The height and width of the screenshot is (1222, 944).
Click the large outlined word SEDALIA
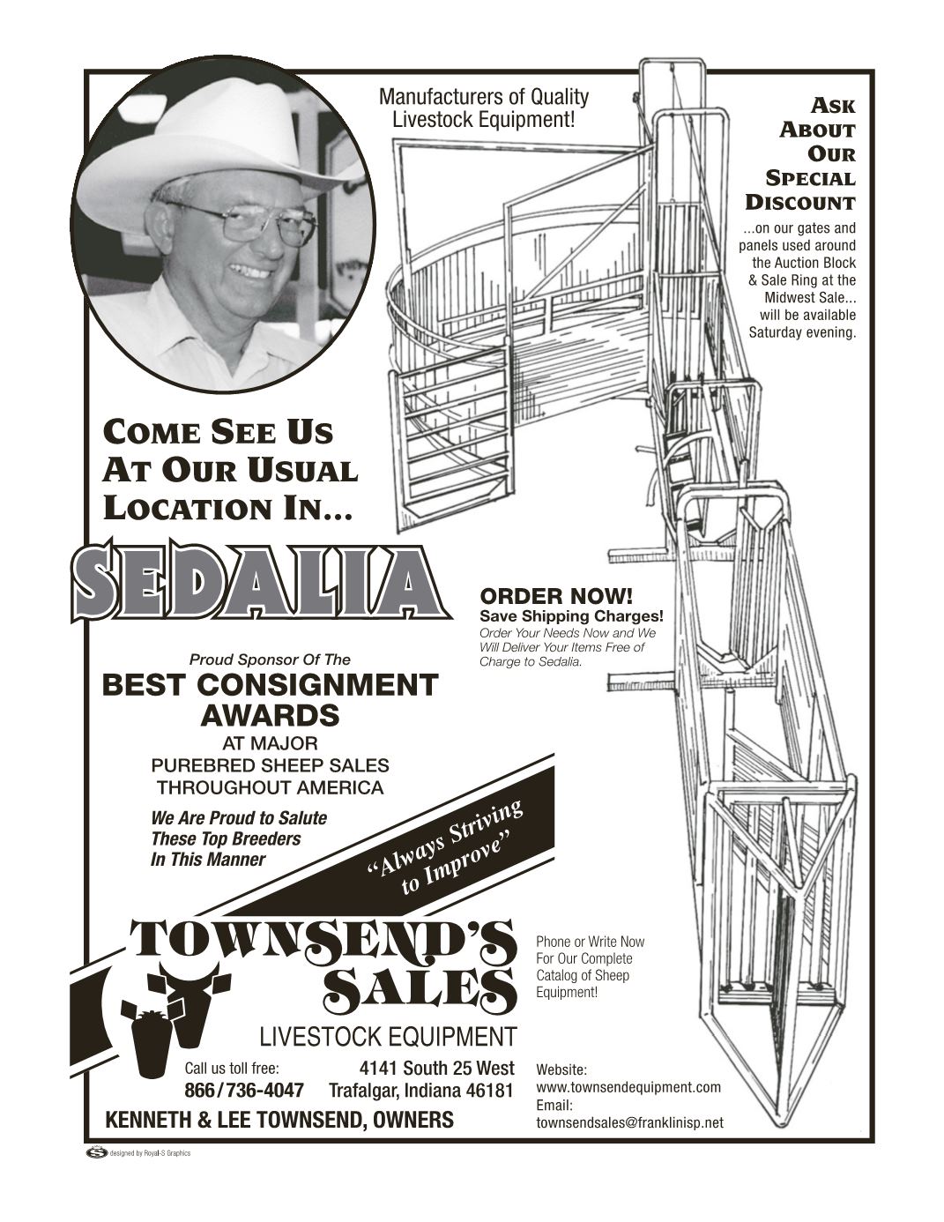click(256, 580)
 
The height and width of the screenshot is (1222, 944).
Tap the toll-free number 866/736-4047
click(243, 1091)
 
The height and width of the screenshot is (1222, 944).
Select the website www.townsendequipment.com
click(628, 1087)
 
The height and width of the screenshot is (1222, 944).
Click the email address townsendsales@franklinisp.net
click(629, 1122)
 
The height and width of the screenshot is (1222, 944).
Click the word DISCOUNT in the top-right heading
click(800, 202)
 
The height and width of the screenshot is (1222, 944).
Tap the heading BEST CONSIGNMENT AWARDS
click(270, 699)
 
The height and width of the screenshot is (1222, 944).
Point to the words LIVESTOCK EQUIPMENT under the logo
click(388, 1036)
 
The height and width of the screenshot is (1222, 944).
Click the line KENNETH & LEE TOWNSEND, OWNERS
click(279, 1121)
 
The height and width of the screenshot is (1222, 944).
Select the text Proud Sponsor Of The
click(270, 659)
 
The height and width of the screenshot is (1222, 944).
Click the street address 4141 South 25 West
click(437, 1069)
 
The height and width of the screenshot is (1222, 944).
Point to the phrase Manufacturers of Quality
click(483, 96)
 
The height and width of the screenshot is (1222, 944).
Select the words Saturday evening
click(802, 332)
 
